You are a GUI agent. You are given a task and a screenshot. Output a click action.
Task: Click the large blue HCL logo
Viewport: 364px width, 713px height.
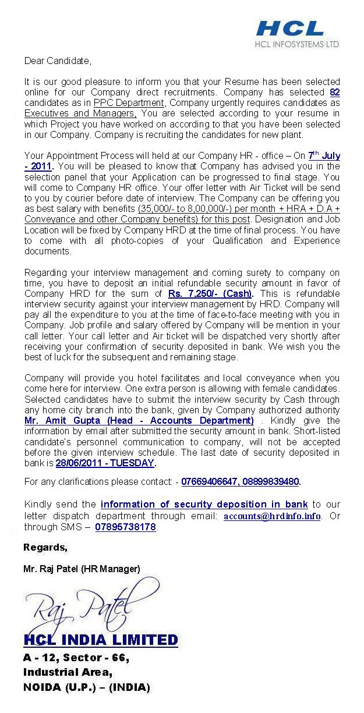point(290,28)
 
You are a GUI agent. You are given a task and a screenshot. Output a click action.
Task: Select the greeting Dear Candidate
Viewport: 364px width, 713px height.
point(58,61)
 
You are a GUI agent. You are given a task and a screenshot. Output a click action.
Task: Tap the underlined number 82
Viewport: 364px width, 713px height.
point(334,92)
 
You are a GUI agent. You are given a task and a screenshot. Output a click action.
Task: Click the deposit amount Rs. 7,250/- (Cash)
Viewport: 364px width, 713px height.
point(210,293)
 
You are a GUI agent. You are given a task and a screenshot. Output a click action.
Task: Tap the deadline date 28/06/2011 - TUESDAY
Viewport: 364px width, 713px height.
point(105,463)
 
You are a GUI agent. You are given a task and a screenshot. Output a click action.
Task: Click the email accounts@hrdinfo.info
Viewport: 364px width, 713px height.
point(272,516)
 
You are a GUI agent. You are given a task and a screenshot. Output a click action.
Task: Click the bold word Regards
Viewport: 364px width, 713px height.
point(45,547)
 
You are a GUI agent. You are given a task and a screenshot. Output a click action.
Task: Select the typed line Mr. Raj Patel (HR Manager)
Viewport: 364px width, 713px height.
point(82,568)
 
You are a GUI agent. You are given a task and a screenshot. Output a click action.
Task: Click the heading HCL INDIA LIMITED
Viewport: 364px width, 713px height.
point(101,640)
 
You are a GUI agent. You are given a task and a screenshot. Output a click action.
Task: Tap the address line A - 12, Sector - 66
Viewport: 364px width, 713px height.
point(76,658)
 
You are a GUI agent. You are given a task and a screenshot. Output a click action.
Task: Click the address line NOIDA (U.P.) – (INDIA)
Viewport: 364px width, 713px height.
point(86,687)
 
